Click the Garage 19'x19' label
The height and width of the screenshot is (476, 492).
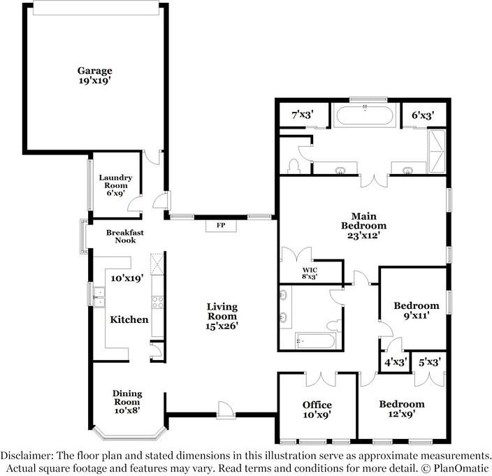pos(95,75)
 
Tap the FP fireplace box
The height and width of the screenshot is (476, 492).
pos(221,226)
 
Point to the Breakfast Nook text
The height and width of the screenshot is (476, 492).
pos(125,236)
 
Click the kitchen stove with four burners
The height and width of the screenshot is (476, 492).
pos(157,302)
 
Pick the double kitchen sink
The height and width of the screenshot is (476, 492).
pos(99,297)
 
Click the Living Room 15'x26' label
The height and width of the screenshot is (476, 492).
pos(222,317)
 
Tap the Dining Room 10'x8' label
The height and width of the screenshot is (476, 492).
pos(127,402)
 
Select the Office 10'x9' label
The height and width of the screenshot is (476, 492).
pos(317,410)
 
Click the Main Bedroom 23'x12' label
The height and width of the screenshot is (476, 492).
pos(363,226)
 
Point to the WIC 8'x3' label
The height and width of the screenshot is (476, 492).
pos(310,273)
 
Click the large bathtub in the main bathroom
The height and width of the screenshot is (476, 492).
pos(365,115)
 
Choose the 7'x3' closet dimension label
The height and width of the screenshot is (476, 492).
pos(303,115)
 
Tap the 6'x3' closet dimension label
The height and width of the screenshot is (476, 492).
pos(423,115)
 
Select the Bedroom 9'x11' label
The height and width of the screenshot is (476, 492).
pos(417,310)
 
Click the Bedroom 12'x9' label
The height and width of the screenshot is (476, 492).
pos(402,408)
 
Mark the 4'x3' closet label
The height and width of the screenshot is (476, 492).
pos(396,362)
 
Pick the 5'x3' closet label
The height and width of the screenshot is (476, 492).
pos(430,362)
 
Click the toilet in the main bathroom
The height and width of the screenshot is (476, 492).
pos(294,166)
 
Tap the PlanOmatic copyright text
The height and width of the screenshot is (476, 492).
pos(455,468)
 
